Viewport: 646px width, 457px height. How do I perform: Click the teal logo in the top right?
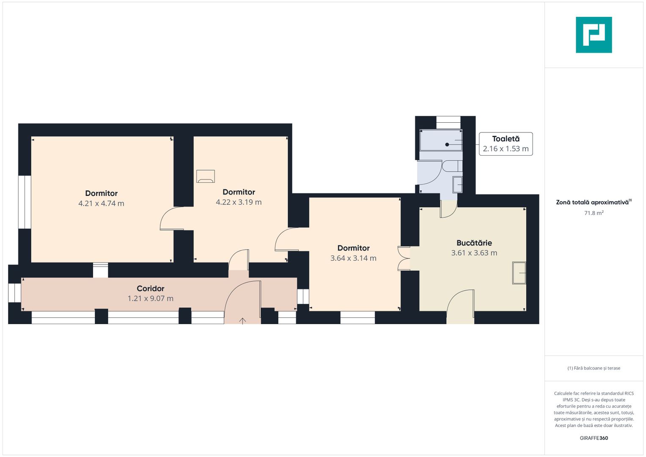pos(594,35)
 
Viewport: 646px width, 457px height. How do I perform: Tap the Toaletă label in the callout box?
pos(506,139)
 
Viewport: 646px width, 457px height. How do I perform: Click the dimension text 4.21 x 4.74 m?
pos(101,204)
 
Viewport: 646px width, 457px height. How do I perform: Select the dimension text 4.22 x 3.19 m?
pos(239,202)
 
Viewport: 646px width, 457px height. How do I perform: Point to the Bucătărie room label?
pos(474,243)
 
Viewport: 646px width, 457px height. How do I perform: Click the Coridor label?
pos(151,289)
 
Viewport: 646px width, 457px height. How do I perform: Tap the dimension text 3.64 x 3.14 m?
pos(353,258)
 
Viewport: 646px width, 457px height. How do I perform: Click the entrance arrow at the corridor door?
pos(242,321)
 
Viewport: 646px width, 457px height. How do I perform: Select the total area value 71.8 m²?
pos(594,213)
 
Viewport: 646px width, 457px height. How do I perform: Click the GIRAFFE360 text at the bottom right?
pos(594,438)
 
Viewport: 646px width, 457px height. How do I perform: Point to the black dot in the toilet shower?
pos(447,145)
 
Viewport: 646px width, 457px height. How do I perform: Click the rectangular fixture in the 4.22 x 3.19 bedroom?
pos(206,176)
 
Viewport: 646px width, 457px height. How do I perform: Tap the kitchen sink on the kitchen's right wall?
pos(519,273)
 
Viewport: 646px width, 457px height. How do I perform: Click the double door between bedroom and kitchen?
pos(404,259)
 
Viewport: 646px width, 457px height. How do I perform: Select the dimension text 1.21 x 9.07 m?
pos(151,299)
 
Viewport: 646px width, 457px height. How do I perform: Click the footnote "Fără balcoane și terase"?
pos(594,368)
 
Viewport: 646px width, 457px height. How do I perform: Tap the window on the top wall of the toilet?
pos(448,123)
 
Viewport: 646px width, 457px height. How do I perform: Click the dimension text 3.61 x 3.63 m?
pos(474,253)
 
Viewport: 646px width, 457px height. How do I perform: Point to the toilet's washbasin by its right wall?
pos(457,184)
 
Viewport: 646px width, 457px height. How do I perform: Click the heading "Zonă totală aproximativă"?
pos(592,202)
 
